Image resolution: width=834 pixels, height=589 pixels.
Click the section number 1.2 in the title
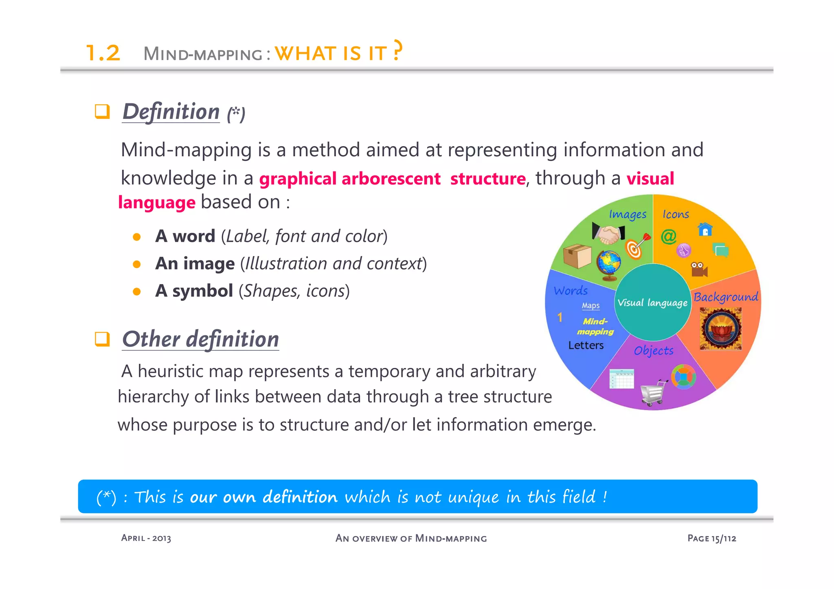click(x=103, y=53)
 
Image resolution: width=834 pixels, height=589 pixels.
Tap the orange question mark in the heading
click(x=397, y=50)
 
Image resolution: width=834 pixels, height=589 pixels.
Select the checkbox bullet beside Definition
click(x=102, y=111)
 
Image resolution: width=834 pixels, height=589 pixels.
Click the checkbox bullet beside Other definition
click(x=102, y=339)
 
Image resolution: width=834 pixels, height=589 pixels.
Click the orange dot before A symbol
click(x=137, y=291)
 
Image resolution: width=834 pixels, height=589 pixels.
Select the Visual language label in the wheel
click(x=652, y=302)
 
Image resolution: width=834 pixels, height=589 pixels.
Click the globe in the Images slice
click(x=609, y=265)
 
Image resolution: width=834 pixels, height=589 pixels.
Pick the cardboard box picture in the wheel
click(x=577, y=256)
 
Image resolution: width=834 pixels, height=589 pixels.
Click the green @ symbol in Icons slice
click(x=668, y=236)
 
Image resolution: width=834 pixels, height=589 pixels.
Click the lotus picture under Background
click(x=720, y=328)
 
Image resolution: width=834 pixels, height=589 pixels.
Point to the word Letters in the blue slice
click(x=586, y=345)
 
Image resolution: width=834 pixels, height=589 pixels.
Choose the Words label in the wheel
click(x=571, y=291)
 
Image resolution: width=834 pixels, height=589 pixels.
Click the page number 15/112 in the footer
click(x=724, y=538)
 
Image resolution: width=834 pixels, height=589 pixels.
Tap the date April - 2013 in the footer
click(x=146, y=538)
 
